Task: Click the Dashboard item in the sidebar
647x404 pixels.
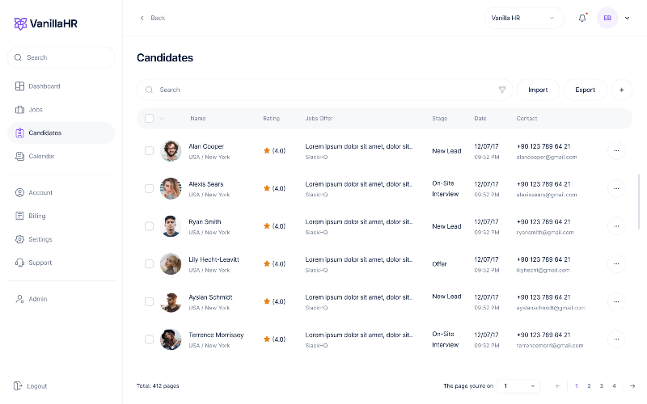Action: tap(44, 86)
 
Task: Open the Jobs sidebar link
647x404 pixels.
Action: tap(35, 110)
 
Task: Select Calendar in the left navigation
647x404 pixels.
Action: tap(41, 156)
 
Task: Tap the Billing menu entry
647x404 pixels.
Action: tap(36, 216)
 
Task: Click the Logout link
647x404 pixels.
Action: tap(36, 386)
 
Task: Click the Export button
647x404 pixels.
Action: tap(585, 90)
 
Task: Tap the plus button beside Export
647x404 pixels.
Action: tap(621, 90)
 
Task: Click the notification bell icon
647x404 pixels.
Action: tap(581, 19)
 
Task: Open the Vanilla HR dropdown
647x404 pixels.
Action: tap(523, 18)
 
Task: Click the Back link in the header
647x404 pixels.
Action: tap(153, 18)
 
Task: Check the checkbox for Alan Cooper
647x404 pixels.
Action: tap(149, 150)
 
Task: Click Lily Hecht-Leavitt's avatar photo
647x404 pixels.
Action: tap(171, 263)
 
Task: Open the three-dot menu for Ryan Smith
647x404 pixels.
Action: tap(615, 226)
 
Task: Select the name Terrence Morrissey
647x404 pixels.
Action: tap(216, 335)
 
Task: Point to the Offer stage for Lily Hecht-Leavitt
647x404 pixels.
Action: tap(439, 264)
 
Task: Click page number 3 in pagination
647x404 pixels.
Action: tap(602, 386)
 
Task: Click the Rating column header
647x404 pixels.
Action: tap(271, 119)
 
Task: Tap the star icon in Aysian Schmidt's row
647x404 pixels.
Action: tap(267, 301)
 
